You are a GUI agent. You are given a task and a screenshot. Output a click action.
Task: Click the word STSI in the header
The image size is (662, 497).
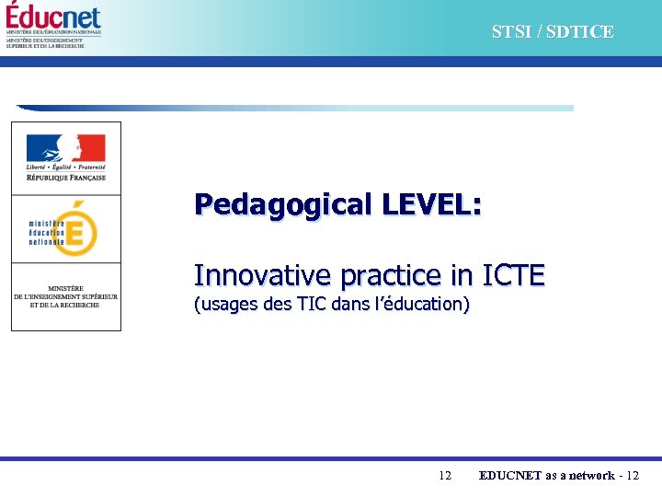510,32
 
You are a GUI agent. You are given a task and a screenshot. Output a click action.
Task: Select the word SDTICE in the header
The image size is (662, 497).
581,32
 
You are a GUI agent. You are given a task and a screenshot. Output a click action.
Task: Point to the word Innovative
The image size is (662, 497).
263,275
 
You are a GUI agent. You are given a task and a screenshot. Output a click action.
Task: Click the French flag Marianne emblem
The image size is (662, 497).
65,147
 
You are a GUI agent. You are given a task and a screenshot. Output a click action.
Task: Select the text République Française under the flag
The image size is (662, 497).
65,178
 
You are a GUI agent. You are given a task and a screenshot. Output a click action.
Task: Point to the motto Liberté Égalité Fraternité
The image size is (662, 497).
65,168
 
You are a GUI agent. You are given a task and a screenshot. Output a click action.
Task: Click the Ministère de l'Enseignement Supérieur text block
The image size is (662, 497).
65,296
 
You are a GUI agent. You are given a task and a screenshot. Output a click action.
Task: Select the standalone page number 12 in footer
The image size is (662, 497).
445,476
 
